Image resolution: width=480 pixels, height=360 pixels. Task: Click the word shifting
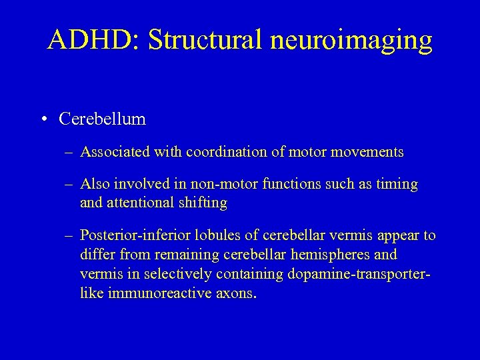click(x=205, y=203)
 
